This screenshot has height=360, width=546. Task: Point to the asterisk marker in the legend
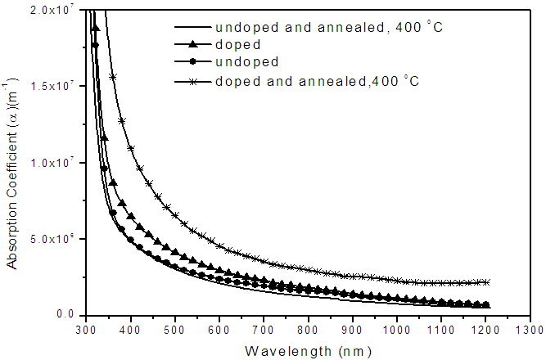[x=194, y=80]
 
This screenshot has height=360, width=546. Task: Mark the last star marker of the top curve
[x=487, y=282]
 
